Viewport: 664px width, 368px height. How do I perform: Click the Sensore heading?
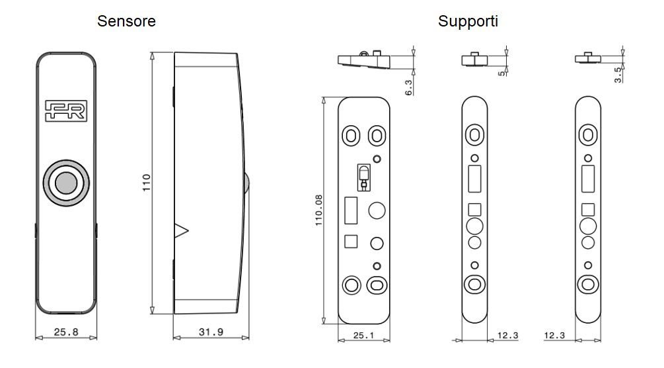click(x=126, y=21)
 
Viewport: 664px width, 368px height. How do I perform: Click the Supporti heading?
click(x=468, y=21)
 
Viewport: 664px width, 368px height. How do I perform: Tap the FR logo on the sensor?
click(x=66, y=111)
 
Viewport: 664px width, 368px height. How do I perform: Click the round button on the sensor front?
click(x=65, y=181)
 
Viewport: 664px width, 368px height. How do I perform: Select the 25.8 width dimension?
click(x=65, y=332)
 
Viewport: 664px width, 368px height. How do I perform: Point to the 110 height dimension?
click(x=147, y=182)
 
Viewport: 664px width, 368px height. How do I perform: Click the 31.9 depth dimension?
click(x=211, y=332)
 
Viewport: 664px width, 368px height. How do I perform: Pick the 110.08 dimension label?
click(x=319, y=209)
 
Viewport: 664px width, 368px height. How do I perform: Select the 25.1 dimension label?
click(x=363, y=336)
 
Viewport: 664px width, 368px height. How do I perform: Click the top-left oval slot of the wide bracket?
click(x=350, y=136)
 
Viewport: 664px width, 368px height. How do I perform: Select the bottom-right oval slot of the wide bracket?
click(x=377, y=286)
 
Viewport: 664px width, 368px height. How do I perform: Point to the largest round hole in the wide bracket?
click(x=377, y=210)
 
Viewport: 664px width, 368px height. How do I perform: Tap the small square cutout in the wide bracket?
click(x=351, y=242)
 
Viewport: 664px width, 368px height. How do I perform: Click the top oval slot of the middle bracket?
click(x=474, y=135)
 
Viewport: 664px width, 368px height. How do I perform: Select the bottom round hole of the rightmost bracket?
click(x=586, y=285)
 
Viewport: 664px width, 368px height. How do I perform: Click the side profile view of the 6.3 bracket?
click(x=363, y=60)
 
